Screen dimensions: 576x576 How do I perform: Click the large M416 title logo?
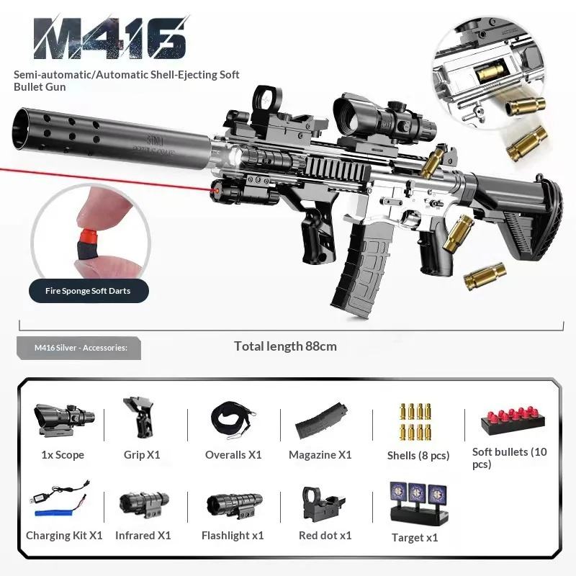coord(109,38)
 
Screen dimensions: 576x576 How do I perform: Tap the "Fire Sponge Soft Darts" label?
coord(89,291)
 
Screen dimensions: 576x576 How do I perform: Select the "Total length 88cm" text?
coord(285,346)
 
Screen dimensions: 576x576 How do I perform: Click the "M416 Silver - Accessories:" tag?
coord(81,348)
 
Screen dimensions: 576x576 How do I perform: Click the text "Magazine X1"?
coord(320,455)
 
